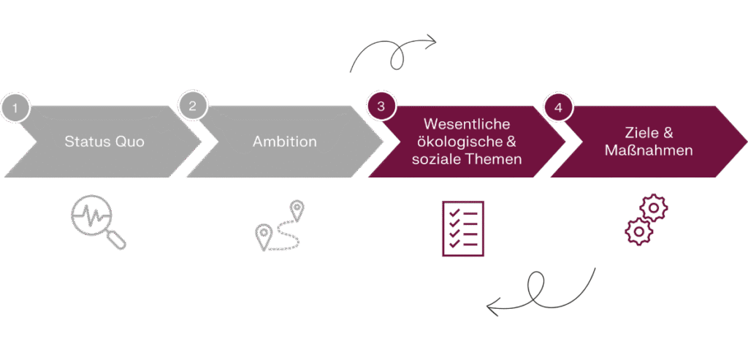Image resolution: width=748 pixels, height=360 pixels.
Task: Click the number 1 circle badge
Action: (15, 108)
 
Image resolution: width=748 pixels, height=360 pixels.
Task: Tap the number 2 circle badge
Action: (192, 106)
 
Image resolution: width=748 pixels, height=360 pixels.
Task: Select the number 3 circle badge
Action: (381, 106)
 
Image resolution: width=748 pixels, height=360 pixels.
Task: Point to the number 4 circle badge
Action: (558, 107)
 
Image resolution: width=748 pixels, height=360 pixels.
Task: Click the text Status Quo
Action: (104, 142)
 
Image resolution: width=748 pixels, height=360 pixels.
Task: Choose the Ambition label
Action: (285, 142)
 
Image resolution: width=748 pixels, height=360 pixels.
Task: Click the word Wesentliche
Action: (467, 124)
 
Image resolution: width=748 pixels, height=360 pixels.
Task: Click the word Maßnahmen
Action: (649, 150)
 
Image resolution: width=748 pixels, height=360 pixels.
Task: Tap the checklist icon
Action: (463, 229)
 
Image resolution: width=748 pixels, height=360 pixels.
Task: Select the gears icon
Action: (646, 222)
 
